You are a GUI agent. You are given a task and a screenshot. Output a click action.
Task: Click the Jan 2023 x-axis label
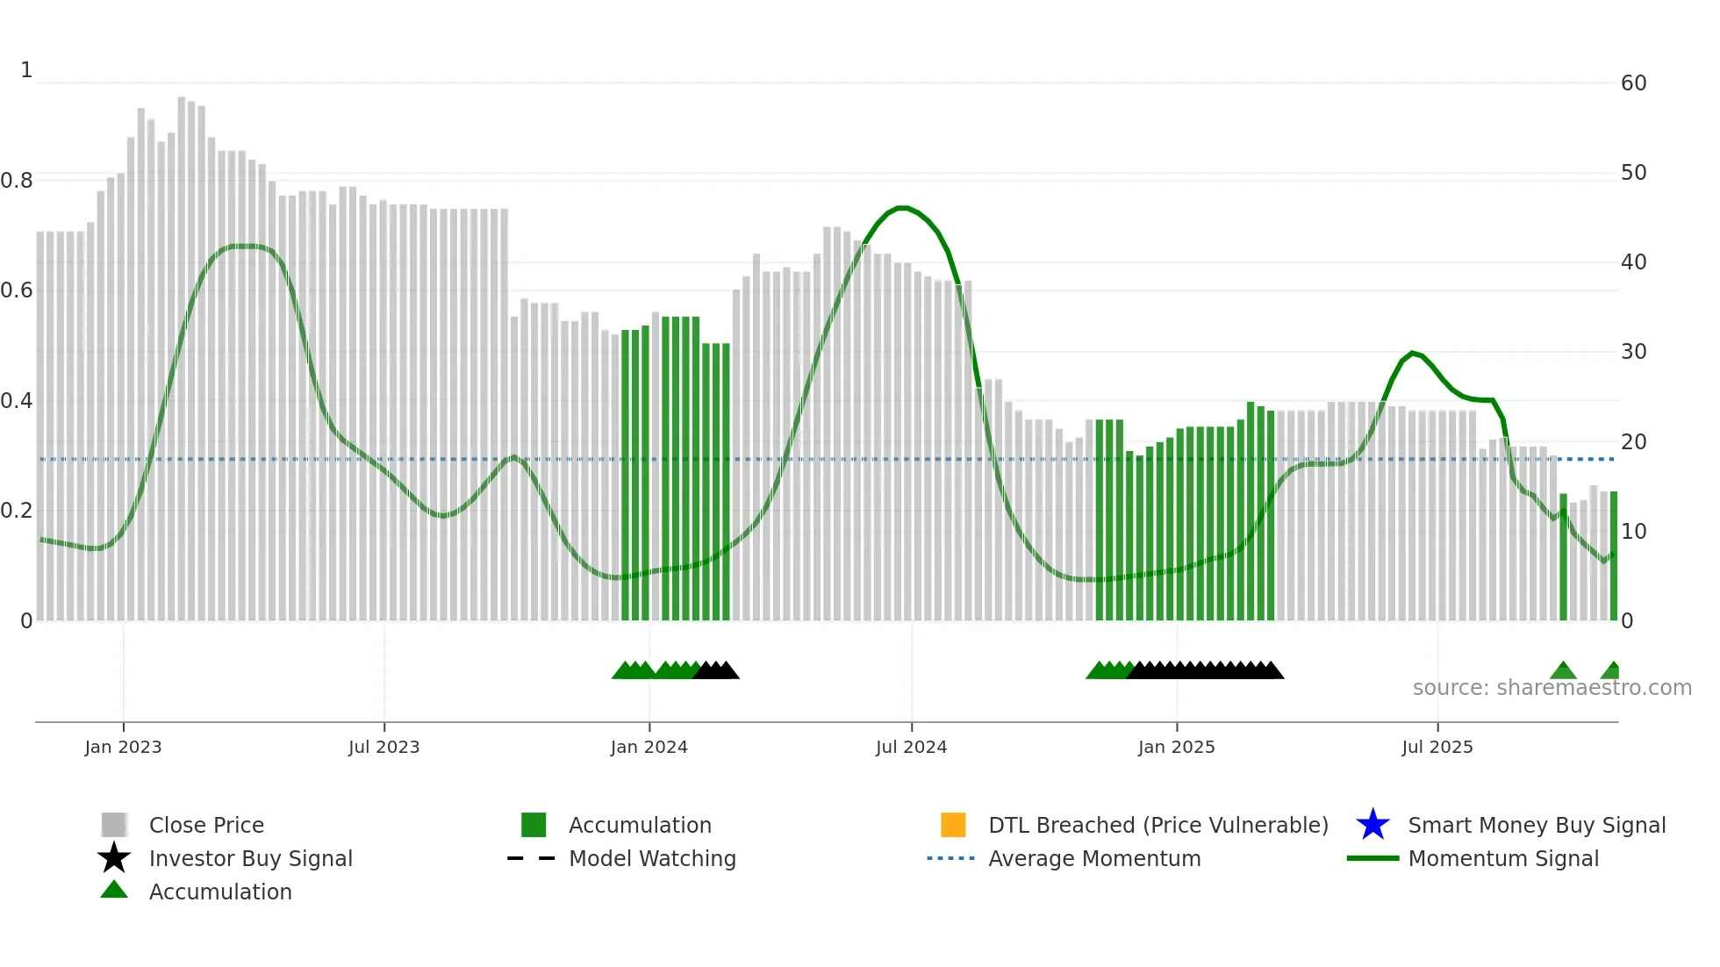pos(123,747)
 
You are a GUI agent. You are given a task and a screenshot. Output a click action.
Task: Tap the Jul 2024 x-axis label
pos(911,747)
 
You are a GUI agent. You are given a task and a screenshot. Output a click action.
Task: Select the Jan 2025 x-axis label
pos(1176,747)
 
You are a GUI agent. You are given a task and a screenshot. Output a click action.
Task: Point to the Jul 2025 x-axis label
pos(1437,747)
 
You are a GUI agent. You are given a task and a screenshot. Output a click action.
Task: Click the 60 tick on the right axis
pos(1633,83)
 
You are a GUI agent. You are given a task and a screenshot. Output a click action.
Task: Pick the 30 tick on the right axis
pos(1633,352)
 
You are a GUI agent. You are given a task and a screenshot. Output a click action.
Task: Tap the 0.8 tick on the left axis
pos(17,181)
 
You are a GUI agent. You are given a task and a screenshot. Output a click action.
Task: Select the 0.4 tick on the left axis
pos(17,401)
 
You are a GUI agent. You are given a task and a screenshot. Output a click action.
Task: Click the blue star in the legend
pos(1372,825)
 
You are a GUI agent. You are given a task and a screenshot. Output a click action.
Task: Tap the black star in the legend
pos(114,858)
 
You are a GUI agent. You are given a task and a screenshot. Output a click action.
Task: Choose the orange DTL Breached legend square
pos(953,825)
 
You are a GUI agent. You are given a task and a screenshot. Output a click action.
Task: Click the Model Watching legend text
pos(652,858)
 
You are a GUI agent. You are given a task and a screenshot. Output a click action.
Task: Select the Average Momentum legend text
pos(1094,858)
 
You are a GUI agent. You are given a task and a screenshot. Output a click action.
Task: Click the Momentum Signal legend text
pos(1503,858)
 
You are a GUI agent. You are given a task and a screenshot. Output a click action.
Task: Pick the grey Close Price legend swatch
pos(114,825)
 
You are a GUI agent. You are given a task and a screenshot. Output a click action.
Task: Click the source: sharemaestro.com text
pos(1552,688)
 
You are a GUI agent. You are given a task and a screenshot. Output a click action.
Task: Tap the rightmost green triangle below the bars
pos(1611,671)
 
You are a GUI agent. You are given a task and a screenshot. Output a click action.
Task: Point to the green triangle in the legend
pos(114,890)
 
